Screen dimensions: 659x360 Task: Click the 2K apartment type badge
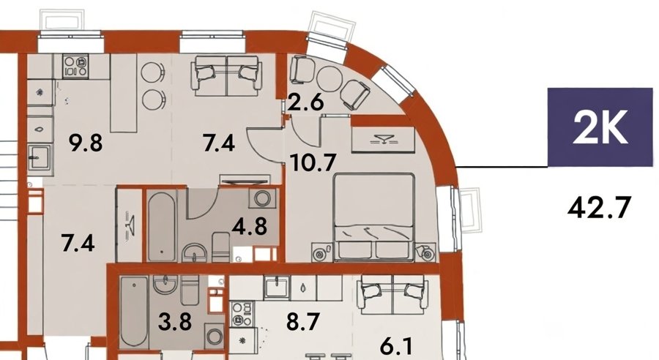pos(600,127)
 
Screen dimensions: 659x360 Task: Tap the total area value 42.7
pos(599,208)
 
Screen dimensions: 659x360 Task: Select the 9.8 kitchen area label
pos(86,143)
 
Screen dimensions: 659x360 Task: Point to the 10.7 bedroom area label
pos(313,162)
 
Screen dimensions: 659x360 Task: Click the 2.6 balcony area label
pos(305,102)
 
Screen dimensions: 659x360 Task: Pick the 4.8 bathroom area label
pos(250,226)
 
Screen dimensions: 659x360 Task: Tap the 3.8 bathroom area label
pos(175,322)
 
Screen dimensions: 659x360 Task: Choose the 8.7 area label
pos(303,322)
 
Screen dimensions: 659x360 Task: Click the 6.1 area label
pos(396,348)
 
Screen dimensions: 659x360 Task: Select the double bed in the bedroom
pos(373,217)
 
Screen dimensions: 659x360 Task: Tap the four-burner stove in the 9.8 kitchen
pos(75,67)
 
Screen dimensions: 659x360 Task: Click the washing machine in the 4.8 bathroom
pos(263,198)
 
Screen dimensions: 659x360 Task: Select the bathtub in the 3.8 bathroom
pos(134,312)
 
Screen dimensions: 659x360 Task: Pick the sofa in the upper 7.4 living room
pos(226,76)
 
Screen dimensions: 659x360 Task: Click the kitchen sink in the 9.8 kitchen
pos(41,157)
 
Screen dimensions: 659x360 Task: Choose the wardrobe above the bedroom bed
pos(383,140)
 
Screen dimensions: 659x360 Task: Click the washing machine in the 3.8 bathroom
pos(215,336)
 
